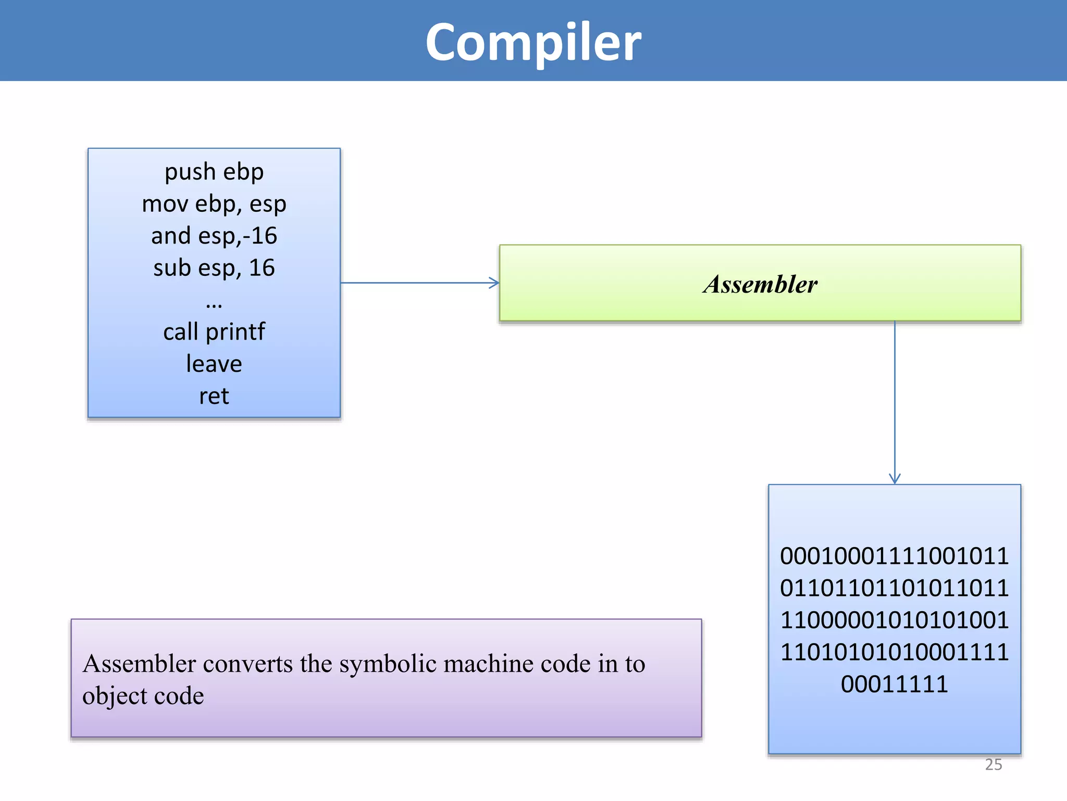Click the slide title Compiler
(533, 43)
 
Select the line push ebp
(214, 172)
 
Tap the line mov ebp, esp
(214, 204)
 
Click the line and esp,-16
(214, 236)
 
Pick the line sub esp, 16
(214, 268)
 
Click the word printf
(235, 332)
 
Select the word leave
(214, 364)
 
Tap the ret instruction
(214, 396)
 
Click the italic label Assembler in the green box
(760, 285)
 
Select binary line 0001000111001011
(895, 556)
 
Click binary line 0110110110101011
(895, 588)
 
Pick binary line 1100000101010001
(895, 620)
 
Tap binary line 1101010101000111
(895, 652)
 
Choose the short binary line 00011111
(895, 684)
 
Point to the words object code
(143, 696)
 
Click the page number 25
(994, 764)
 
